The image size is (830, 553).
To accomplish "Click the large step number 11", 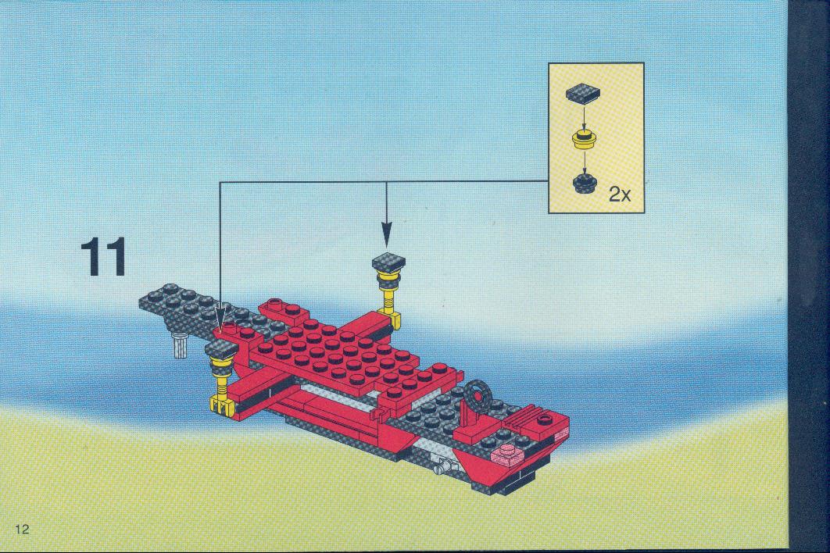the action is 104,257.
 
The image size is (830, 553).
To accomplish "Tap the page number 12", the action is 22,529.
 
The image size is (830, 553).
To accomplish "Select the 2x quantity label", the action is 619,194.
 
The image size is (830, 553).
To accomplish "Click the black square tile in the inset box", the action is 583,93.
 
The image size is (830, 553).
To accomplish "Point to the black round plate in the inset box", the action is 585,184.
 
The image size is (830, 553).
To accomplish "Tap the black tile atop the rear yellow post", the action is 388,262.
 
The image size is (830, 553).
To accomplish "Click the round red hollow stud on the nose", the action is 544,420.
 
